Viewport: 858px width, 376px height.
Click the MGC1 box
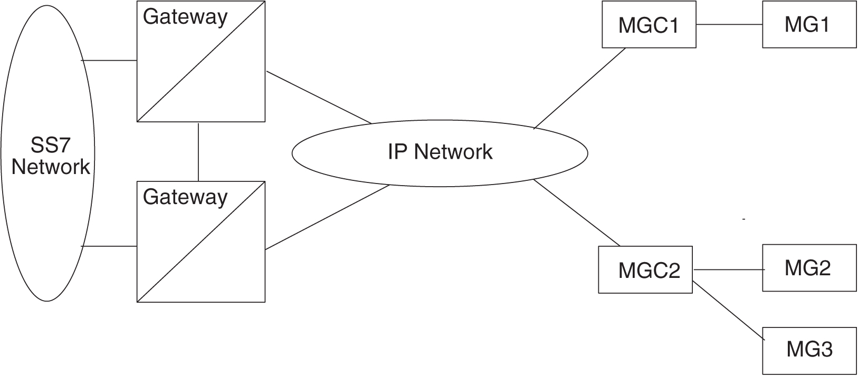(649, 25)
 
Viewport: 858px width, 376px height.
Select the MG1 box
(809, 25)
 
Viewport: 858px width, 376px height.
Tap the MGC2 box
(645, 270)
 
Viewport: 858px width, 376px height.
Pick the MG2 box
(809, 268)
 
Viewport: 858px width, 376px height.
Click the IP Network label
(440, 152)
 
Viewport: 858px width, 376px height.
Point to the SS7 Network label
(51, 156)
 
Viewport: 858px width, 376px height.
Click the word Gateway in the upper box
(185, 17)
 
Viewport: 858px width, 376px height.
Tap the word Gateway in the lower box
(185, 197)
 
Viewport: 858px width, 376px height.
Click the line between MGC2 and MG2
(728, 270)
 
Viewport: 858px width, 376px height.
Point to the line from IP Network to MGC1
(579, 89)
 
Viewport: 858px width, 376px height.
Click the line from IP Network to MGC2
(577, 213)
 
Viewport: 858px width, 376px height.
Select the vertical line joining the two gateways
(198, 152)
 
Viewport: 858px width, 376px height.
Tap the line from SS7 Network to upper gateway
(109, 61)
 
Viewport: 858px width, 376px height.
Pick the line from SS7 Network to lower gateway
(109, 246)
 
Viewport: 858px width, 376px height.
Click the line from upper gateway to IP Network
(319, 97)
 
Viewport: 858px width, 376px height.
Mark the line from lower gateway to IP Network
(327, 217)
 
